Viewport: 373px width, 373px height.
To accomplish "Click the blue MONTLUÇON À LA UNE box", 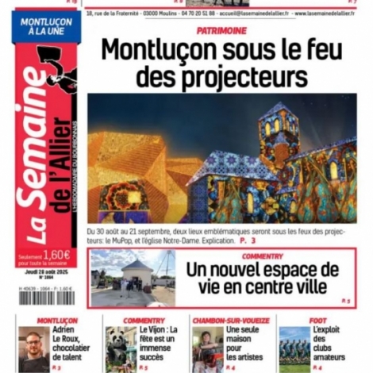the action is pyautogui.click(x=44, y=27).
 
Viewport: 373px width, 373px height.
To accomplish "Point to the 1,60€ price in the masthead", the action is pyautogui.click(x=56, y=254).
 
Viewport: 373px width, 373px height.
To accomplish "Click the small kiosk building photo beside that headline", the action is pyautogui.click(x=132, y=278).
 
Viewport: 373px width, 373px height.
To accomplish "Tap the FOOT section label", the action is pyautogui.click(x=317, y=320).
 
